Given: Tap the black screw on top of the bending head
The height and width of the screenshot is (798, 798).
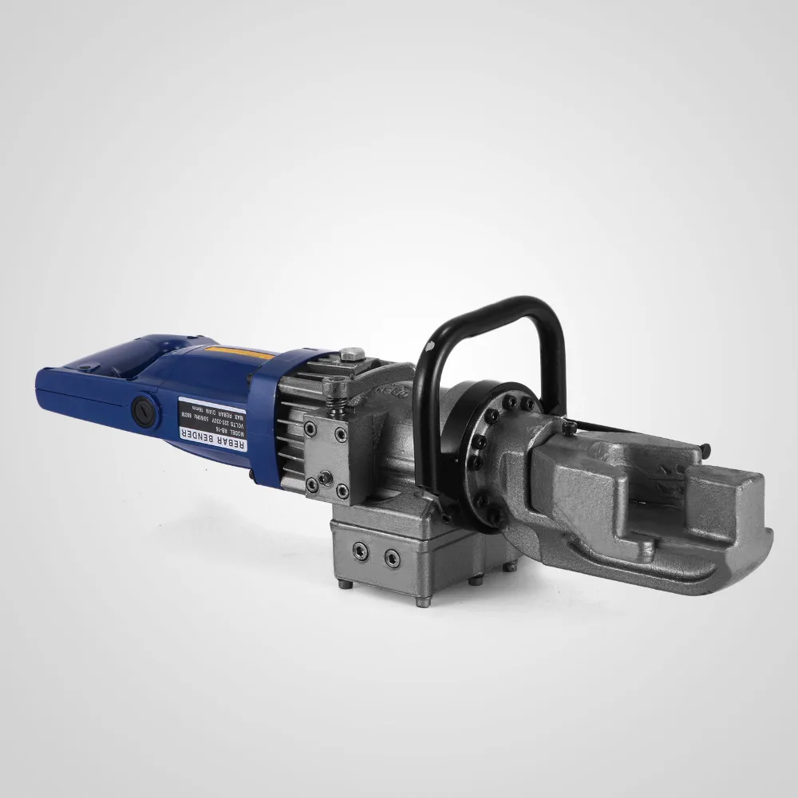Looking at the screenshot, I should coord(568,430).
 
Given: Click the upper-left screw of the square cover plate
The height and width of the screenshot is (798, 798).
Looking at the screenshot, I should coord(311,429).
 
